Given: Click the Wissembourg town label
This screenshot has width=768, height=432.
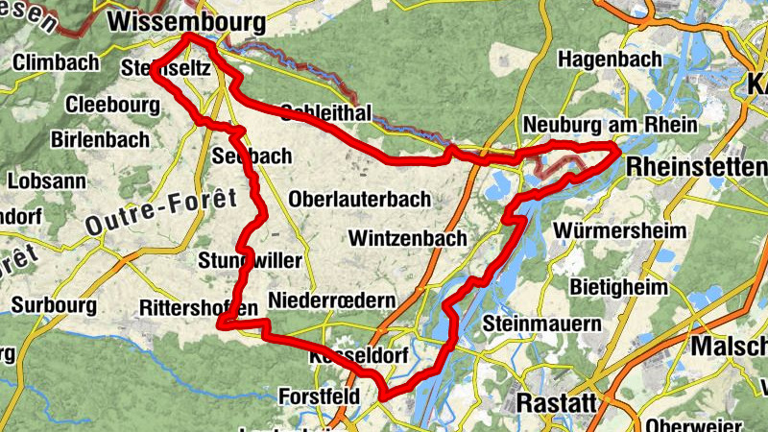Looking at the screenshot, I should (186, 20).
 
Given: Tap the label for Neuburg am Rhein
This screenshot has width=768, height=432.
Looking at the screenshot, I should (610, 126).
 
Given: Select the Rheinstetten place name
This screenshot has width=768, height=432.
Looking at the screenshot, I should (696, 167).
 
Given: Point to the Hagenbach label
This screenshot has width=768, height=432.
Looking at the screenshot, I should (610, 60).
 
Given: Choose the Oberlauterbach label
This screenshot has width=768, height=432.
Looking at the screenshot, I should (359, 199).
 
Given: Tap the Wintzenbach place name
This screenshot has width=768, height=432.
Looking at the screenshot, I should (408, 237).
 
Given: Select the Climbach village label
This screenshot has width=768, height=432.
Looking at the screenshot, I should (57, 63).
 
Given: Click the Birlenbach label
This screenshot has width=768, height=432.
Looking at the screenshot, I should (102, 139).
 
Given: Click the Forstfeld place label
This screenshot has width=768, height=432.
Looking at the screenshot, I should (319, 396).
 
